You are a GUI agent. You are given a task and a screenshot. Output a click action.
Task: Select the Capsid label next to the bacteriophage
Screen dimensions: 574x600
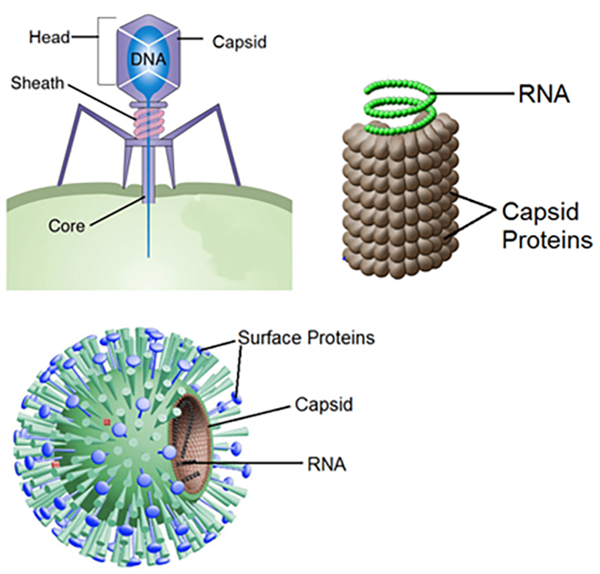pyautogui.click(x=237, y=41)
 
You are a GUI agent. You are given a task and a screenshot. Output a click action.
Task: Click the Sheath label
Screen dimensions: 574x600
pyautogui.click(x=37, y=83)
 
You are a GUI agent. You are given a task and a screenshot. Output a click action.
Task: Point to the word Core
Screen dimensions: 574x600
pyautogui.click(x=66, y=227)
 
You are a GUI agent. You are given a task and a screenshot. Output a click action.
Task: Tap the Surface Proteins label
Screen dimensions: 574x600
pyautogui.click(x=306, y=339)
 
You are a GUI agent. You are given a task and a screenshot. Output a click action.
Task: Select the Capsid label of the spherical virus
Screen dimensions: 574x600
pyautogui.click(x=324, y=405)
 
